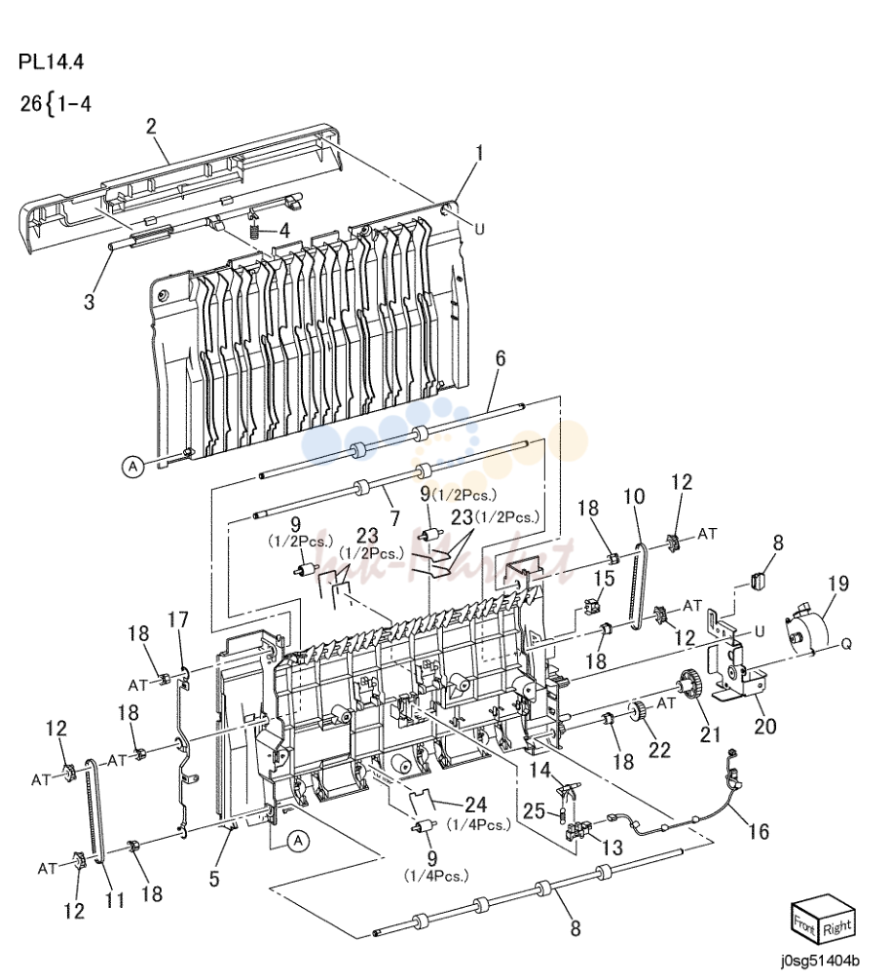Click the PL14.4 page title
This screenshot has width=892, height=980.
(51, 62)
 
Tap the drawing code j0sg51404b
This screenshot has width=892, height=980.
(819, 960)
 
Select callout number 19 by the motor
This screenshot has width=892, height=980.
(838, 584)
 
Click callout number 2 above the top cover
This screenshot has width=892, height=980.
(151, 127)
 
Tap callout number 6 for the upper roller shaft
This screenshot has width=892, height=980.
(501, 358)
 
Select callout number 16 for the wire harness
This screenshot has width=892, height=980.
(760, 831)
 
